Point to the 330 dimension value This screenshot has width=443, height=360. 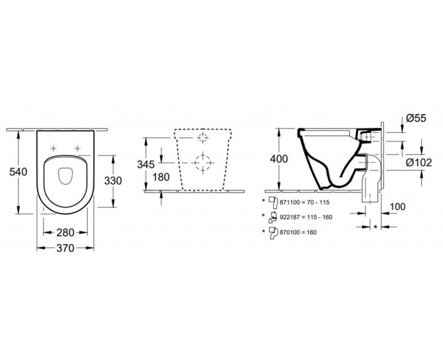pos(114,181)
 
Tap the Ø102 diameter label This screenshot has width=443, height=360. pos(419,163)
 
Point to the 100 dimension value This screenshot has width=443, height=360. pos(398,207)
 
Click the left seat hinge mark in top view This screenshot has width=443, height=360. pos(54,148)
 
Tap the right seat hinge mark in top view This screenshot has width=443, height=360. pos(78,148)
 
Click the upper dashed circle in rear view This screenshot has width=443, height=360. pos(203,137)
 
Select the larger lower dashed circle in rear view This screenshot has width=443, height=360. pos(203,162)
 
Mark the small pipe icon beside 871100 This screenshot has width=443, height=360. pos(272,202)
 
